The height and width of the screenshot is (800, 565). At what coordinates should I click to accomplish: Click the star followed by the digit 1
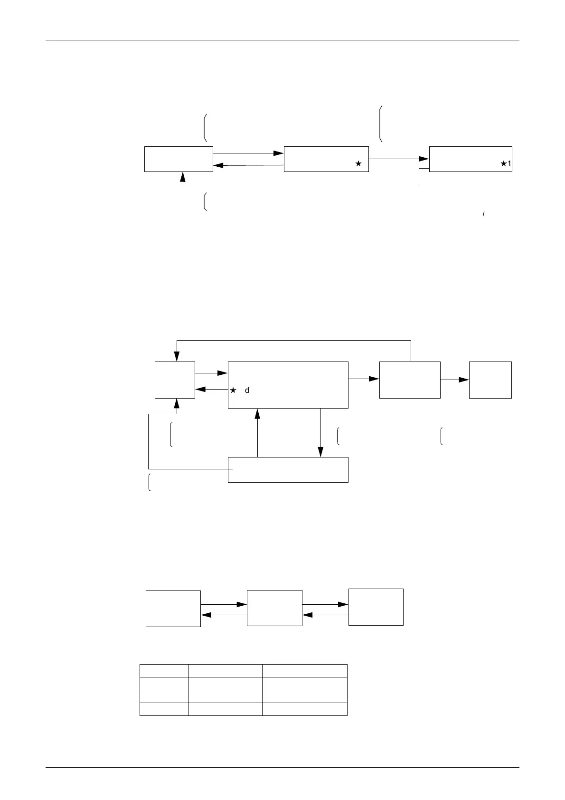(506, 164)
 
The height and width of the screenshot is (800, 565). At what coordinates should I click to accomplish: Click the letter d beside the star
(247, 390)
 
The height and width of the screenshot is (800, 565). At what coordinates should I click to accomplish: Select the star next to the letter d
(233, 390)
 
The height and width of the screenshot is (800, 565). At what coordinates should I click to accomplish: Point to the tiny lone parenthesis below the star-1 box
(483, 215)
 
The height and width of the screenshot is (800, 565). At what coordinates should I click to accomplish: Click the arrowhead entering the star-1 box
(424, 159)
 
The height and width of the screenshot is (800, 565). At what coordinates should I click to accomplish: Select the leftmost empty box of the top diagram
(179, 159)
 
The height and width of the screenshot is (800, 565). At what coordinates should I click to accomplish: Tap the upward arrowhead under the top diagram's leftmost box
(183, 176)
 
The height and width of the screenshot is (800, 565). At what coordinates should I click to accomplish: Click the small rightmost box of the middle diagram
(490, 380)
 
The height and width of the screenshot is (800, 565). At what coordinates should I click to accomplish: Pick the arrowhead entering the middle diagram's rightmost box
(464, 380)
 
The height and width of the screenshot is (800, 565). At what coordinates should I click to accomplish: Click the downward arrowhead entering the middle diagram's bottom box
(320, 452)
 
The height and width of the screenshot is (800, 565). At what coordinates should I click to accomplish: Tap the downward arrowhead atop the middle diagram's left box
(177, 356)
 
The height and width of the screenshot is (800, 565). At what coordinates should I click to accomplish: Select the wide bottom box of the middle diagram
(288, 469)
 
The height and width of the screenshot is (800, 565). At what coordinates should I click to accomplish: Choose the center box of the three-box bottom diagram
(274, 608)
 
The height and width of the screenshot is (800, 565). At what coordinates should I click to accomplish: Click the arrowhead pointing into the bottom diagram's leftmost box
(207, 615)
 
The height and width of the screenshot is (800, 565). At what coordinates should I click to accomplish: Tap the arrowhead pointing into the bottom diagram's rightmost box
(343, 604)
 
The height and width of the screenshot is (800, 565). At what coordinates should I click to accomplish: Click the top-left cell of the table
(164, 670)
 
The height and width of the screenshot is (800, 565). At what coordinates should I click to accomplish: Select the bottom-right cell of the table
(304, 709)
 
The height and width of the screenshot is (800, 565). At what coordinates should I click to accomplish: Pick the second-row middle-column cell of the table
(225, 683)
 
